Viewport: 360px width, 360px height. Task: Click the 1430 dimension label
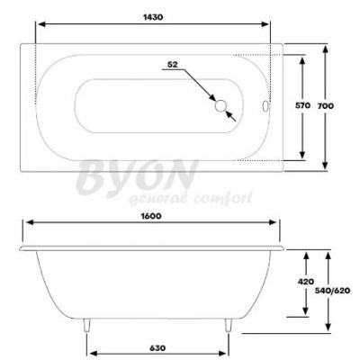[153, 17]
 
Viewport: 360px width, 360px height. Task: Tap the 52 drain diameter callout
[173, 64]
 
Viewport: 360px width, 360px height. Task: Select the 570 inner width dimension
[302, 105]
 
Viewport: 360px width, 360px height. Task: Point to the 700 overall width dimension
[326, 106]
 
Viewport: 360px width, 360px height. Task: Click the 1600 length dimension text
[151, 216]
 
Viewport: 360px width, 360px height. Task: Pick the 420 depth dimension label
[306, 282]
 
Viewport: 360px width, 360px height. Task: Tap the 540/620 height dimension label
[333, 291]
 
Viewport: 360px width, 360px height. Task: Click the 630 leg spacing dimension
[157, 348]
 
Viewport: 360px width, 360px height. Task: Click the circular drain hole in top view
[220, 106]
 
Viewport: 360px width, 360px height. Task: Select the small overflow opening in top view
[265, 106]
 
